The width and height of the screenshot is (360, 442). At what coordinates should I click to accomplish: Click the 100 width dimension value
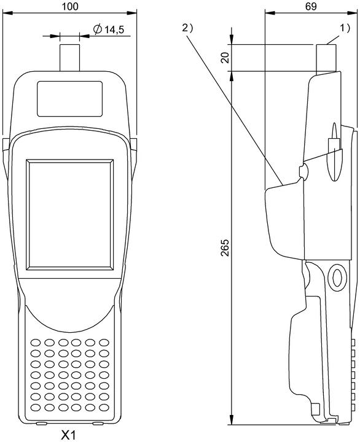coord(70,6)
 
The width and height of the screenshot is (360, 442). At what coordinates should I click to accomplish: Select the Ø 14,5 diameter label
coord(109,29)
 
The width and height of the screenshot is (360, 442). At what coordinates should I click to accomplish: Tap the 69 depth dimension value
coord(311,6)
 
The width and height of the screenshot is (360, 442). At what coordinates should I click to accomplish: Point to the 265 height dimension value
coord(225,248)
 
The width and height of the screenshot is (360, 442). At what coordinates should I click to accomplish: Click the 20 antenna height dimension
coord(225,58)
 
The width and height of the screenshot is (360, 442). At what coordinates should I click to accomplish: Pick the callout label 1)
coord(345,28)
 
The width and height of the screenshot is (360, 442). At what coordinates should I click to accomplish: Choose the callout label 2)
coord(187,28)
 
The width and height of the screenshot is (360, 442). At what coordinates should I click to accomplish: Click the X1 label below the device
coord(69,435)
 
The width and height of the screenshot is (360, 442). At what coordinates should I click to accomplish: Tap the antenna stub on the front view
coord(69,58)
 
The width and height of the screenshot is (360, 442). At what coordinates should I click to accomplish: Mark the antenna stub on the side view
coord(326,59)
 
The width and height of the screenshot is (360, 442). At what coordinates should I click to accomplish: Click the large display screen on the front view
coord(70,215)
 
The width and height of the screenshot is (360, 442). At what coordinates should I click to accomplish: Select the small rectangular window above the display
coord(69,99)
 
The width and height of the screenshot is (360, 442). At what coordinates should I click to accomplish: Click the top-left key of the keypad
coord(36,343)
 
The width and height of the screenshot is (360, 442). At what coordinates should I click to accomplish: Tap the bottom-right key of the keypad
coord(104,408)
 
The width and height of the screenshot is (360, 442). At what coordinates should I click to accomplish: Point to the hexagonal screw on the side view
coord(337,277)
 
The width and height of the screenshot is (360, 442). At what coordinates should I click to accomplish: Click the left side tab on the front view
coord(6,145)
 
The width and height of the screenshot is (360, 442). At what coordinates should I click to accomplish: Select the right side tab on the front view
coord(134,145)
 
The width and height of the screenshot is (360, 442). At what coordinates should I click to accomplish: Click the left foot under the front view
coord(42,424)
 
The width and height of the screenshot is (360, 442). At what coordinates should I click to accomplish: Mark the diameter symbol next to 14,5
coord(98,29)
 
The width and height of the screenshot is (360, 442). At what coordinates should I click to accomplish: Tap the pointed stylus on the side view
coord(335,152)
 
